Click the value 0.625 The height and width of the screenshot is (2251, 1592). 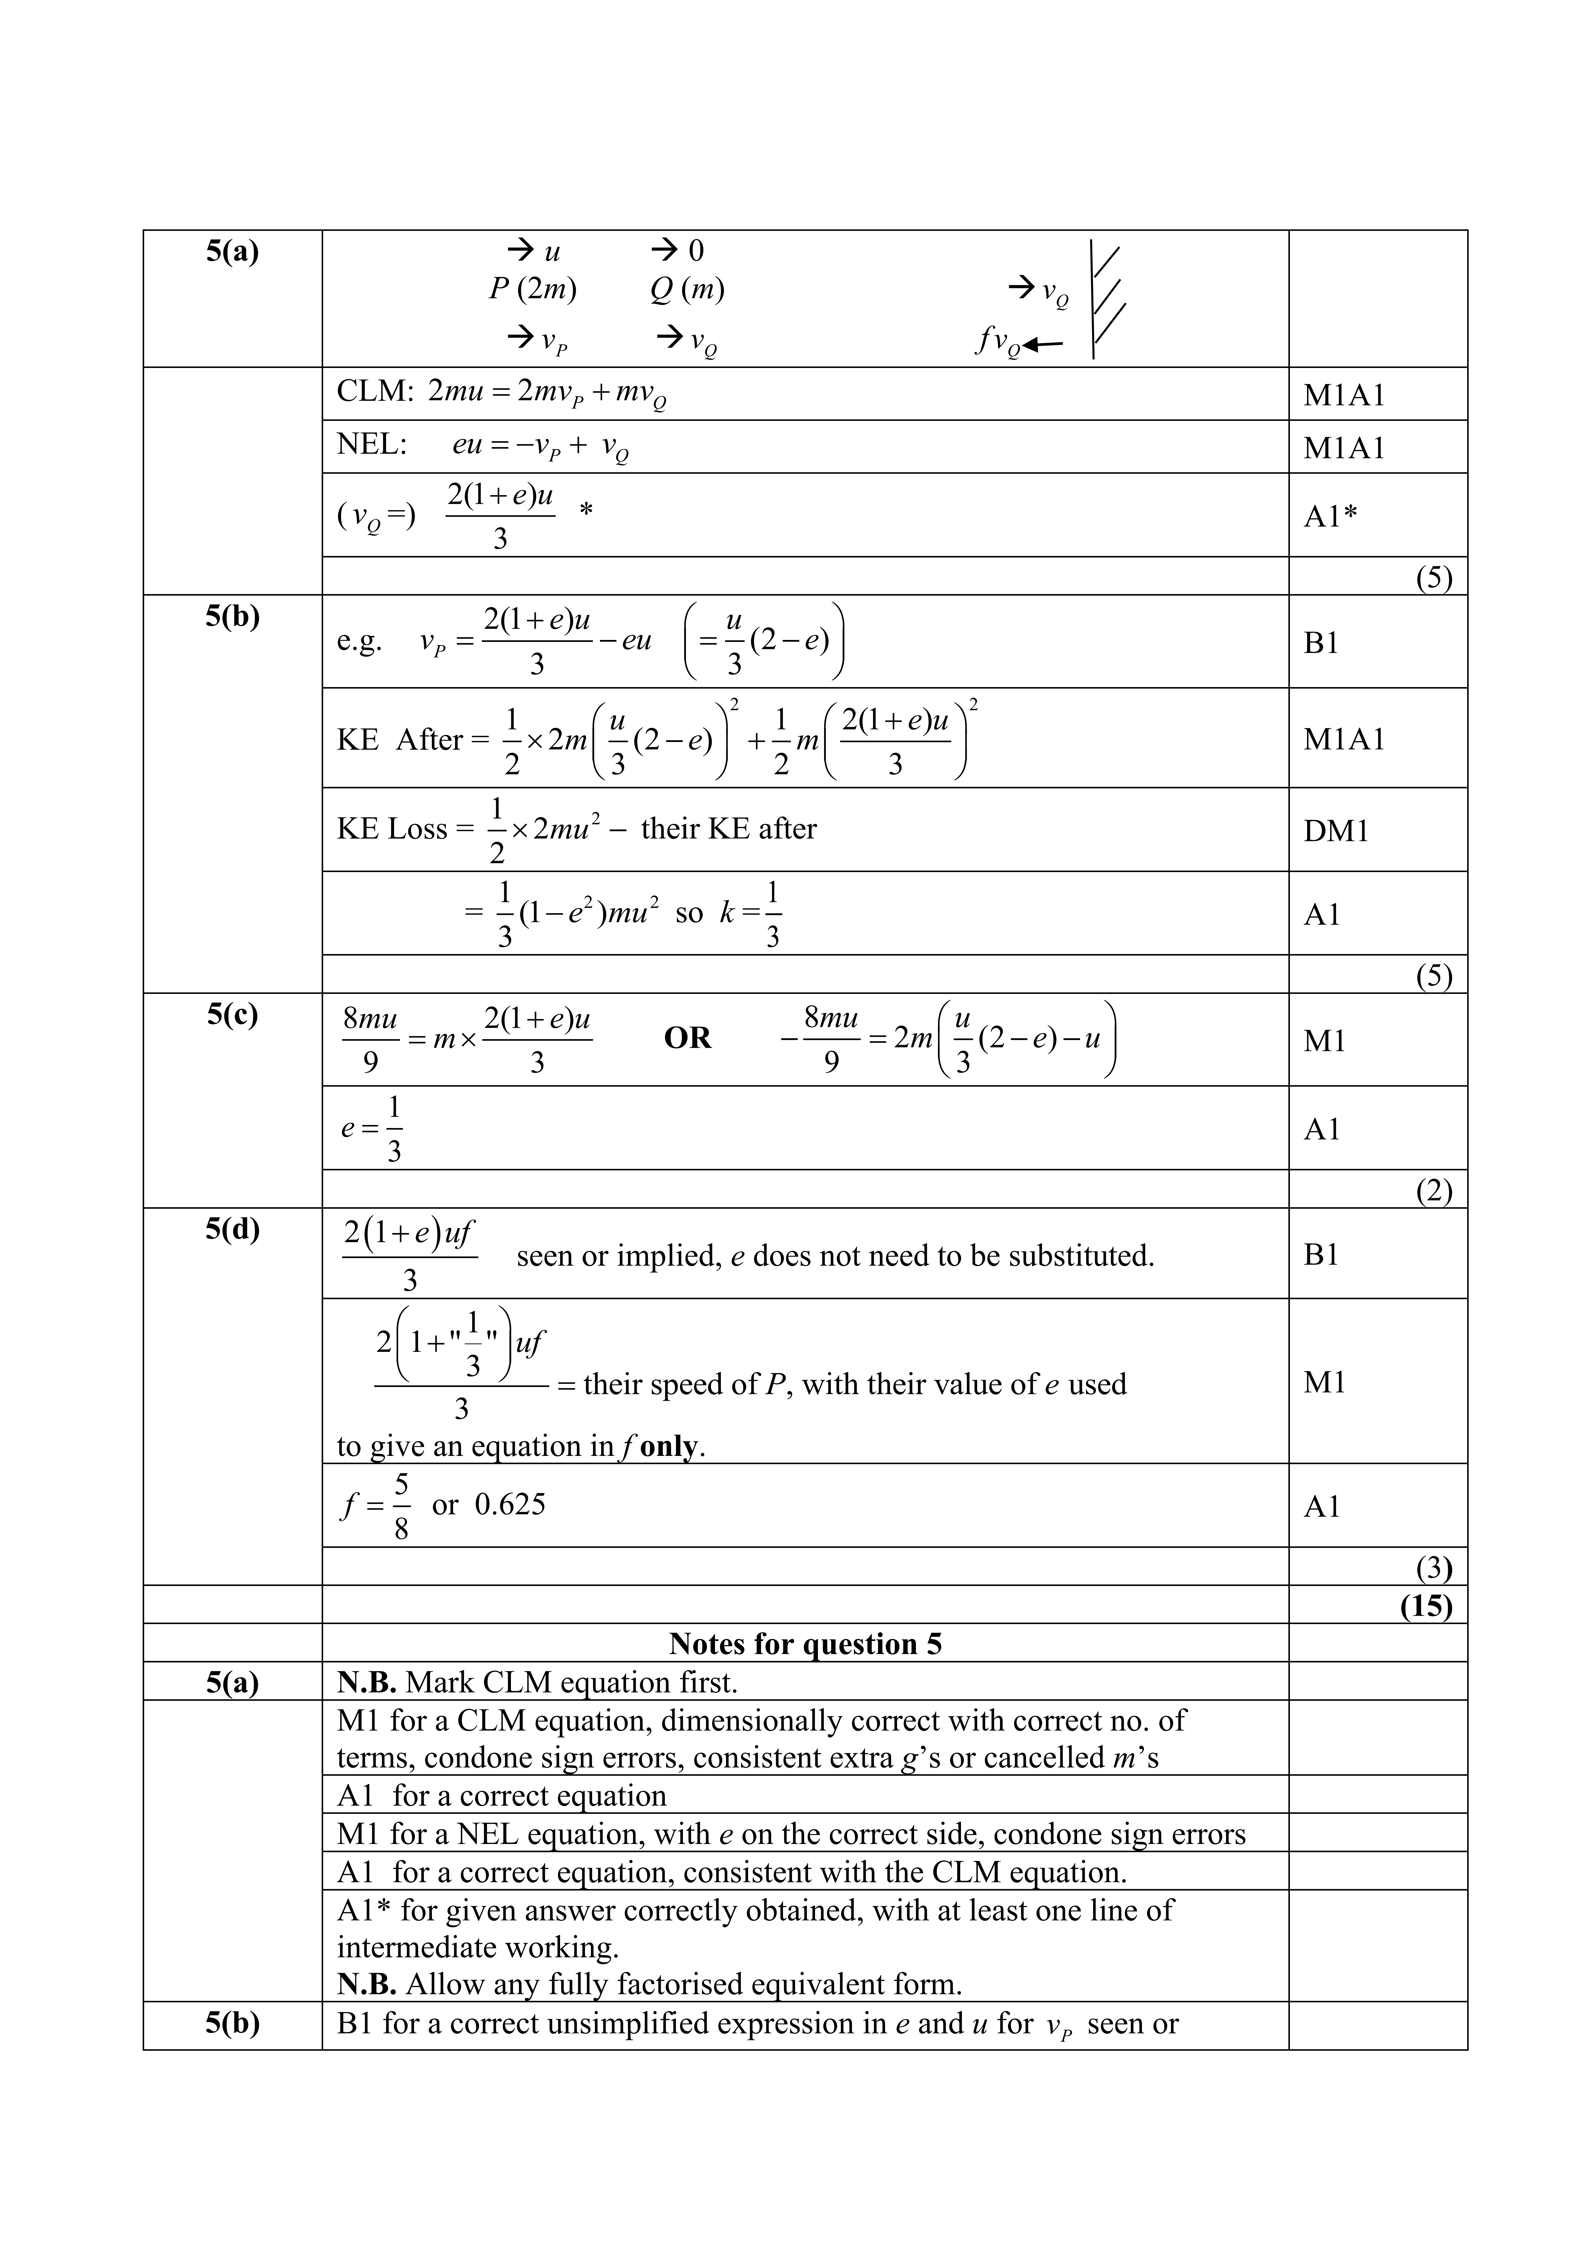[510, 1505]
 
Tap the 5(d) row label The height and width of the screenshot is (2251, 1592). [232, 1230]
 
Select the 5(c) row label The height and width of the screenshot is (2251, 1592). [232, 1015]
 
